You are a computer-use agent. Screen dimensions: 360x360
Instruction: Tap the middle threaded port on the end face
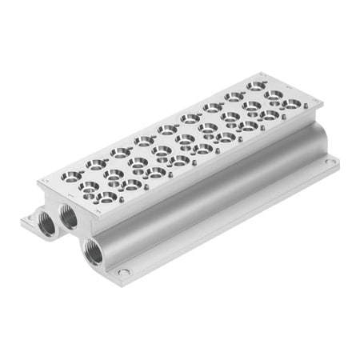point(68,216)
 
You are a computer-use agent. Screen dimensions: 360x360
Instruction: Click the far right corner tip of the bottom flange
point(340,161)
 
